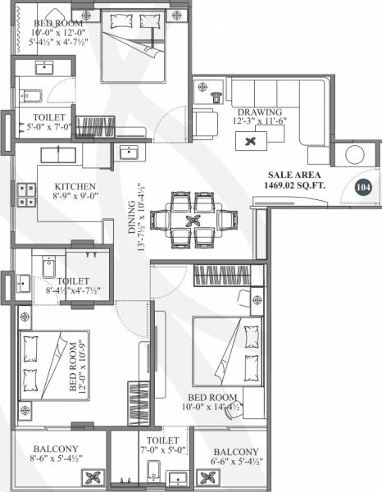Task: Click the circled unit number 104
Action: click(363, 187)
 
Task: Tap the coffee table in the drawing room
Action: click(250, 141)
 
